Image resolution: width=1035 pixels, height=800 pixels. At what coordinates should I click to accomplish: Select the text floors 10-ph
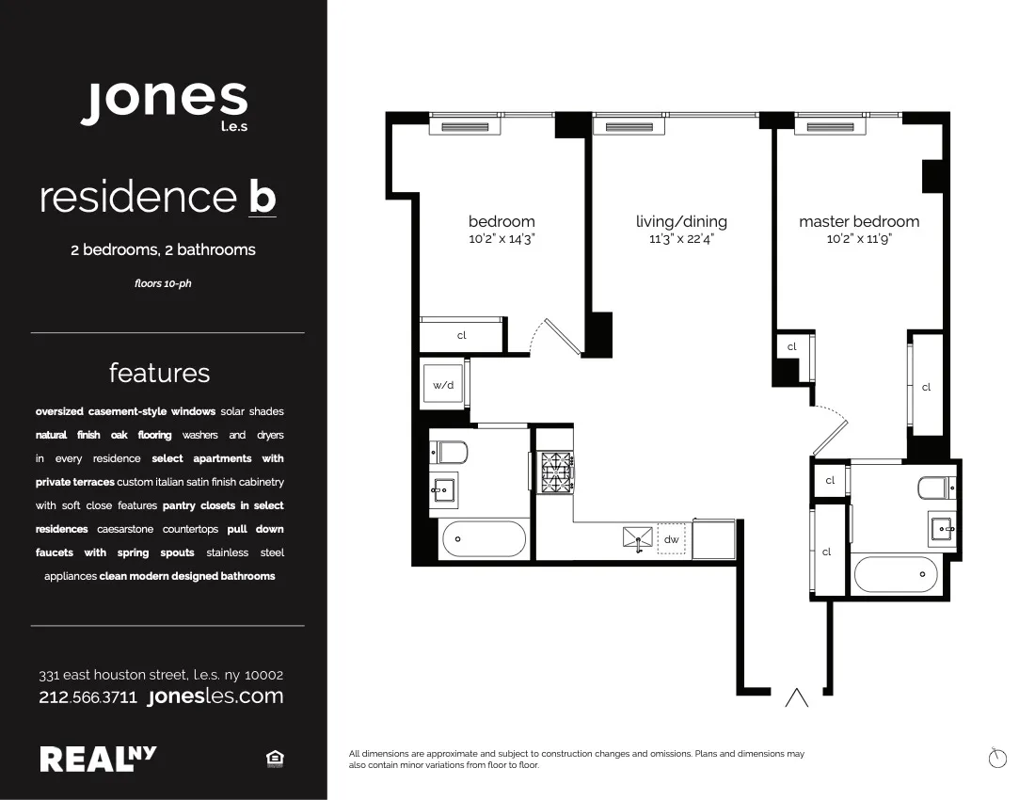point(163,283)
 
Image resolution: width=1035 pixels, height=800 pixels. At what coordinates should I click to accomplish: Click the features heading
point(159,373)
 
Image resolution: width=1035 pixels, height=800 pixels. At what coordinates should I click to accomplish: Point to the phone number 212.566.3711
point(88,697)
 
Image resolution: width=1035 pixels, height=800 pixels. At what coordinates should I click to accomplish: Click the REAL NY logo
point(98,758)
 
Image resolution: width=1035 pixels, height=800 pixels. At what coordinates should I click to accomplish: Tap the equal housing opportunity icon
point(276,759)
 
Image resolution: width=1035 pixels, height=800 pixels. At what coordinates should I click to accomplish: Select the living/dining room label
point(681,222)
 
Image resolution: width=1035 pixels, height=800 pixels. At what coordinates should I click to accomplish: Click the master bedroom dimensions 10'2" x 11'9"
point(859,239)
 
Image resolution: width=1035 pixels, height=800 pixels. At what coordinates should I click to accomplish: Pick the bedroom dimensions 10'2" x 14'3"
point(502,239)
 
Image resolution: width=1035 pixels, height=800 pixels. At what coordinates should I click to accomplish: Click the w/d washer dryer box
point(443,385)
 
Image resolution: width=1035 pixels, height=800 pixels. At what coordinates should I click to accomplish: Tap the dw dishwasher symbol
point(671,540)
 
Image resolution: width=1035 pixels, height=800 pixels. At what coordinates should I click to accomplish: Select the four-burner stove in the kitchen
point(555,467)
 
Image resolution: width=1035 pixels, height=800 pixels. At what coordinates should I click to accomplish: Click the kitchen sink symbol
point(637,538)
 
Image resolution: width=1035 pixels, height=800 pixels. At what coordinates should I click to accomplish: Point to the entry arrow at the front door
point(797,697)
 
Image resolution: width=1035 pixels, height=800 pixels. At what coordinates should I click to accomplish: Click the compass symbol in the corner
point(998,757)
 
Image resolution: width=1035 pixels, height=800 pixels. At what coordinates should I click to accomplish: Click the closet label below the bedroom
point(462,335)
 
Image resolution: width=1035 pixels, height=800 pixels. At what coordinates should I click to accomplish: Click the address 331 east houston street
point(161,675)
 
